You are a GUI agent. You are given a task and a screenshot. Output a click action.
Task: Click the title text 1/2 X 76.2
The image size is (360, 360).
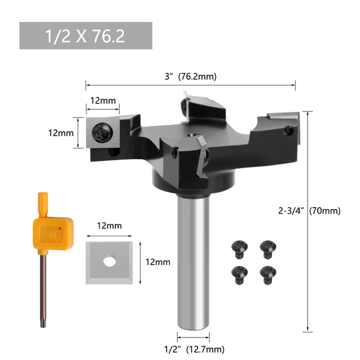tap(85, 36)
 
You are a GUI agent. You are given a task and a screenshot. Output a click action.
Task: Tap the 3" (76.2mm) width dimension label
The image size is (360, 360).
tap(190, 77)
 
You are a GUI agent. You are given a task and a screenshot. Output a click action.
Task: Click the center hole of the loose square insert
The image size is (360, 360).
tap(110, 261)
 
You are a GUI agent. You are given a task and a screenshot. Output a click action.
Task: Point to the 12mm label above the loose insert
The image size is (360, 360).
tap(110, 226)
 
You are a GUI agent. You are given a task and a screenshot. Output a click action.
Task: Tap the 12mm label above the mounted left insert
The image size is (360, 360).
tap(103, 101)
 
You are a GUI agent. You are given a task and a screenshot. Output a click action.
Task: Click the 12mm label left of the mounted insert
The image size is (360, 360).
tap(59, 133)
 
